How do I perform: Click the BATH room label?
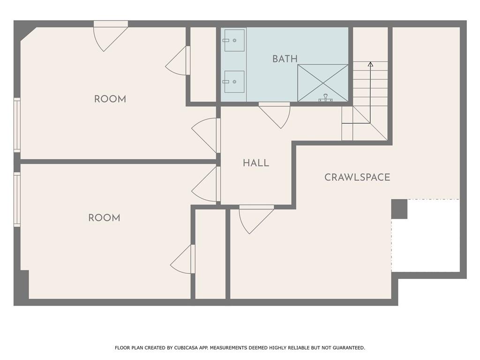(285, 59)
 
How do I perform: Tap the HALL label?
(256, 163)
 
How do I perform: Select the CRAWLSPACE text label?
(357, 177)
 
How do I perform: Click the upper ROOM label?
(110, 99)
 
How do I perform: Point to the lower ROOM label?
(104, 218)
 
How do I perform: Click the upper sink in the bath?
(234, 40)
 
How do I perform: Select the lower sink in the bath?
(234, 82)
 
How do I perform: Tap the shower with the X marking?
(322, 83)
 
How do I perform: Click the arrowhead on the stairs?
(370, 64)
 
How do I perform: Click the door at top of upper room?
(111, 36)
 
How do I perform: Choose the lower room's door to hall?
(206, 184)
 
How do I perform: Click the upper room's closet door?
(178, 60)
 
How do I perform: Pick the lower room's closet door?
(183, 259)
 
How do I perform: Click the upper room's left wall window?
(17, 125)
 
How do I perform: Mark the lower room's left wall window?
(17, 200)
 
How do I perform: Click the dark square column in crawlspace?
(399, 209)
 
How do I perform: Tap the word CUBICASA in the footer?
(186, 348)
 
